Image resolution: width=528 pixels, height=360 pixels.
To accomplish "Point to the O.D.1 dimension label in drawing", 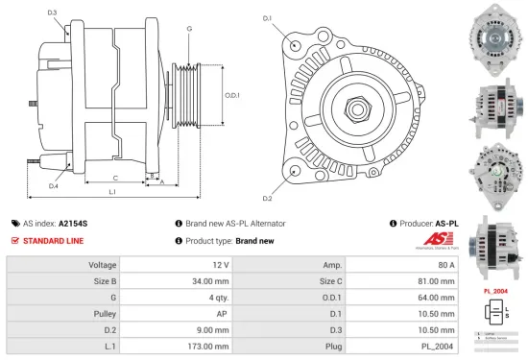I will tap(232, 95).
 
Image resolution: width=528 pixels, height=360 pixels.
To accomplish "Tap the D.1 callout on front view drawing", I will tap(267, 18).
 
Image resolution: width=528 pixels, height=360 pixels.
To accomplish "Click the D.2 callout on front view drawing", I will tap(267, 199).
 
